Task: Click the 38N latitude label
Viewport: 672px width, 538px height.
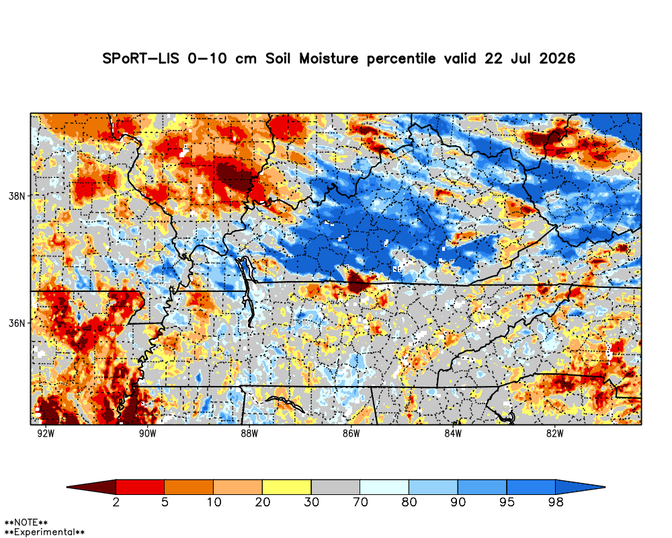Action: [x=17, y=196]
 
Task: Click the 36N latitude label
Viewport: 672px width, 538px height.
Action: [x=17, y=323]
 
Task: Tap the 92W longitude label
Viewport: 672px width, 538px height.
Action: [x=46, y=433]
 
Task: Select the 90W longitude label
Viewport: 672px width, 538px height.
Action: [x=147, y=433]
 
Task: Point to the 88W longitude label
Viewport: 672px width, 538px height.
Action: [x=249, y=433]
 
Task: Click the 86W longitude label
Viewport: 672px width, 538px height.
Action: [x=351, y=433]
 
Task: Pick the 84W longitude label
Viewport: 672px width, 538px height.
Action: [x=453, y=433]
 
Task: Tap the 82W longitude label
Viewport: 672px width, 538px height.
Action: [x=554, y=433]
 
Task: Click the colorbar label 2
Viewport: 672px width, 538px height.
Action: [x=116, y=502]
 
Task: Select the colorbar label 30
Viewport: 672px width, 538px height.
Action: [x=311, y=502]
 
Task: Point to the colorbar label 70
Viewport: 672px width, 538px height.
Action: [x=360, y=502]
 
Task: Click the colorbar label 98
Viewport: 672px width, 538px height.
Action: [x=556, y=502]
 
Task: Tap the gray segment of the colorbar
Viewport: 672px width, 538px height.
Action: [x=335, y=487]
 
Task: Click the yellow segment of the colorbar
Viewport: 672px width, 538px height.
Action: [x=287, y=487]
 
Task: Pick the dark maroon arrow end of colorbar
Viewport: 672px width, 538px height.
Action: [x=91, y=487]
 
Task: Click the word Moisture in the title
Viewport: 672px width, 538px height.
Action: [x=329, y=59]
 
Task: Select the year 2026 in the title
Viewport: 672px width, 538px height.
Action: [x=557, y=59]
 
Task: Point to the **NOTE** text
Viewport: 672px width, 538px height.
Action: [x=26, y=523]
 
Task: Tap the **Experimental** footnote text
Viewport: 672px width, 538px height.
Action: [x=44, y=533]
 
